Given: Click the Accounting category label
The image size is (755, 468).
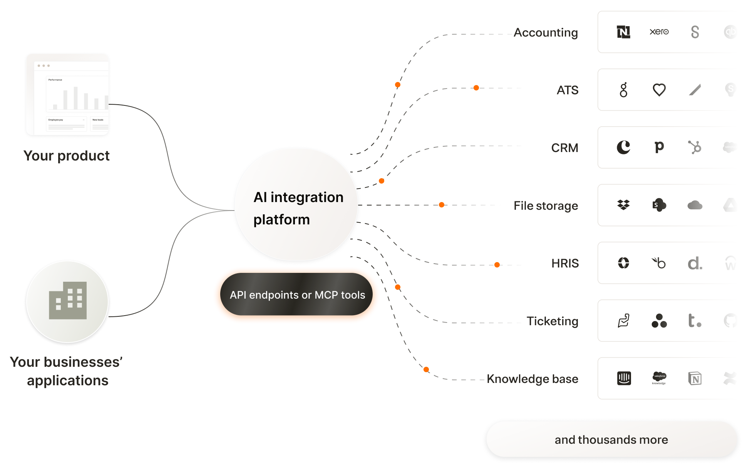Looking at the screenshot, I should point(546,33).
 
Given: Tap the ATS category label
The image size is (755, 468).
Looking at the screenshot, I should point(568,90).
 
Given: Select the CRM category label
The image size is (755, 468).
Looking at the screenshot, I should point(564,148).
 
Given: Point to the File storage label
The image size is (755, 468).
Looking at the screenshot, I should point(546,206).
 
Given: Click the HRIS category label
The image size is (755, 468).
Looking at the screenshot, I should point(565,263).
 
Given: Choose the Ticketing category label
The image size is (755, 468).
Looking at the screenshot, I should point(552,321).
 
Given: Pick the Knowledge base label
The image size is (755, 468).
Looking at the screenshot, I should point(532,379).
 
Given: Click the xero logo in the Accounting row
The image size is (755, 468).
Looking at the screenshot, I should point(659,32).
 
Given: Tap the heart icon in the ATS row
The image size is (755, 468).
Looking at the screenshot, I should point(659,90).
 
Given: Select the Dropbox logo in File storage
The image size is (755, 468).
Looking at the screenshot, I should point(623,205).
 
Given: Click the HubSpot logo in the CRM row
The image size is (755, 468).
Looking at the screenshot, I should point(695,147).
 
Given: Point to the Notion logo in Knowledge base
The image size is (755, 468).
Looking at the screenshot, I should point(695,378).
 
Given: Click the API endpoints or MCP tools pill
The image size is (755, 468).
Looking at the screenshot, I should point(296,294).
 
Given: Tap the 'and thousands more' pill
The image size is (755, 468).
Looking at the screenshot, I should point(611,440).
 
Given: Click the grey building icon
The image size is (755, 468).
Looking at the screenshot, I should point(68,301).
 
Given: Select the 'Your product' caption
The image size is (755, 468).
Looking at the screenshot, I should point(67,156).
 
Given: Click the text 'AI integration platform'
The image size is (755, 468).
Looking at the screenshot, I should point(298,208).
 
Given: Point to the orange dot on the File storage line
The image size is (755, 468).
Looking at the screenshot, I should point(442,205).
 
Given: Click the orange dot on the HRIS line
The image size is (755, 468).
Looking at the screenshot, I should point(497,265).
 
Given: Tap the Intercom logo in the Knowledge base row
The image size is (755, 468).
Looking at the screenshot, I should point(624,378).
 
